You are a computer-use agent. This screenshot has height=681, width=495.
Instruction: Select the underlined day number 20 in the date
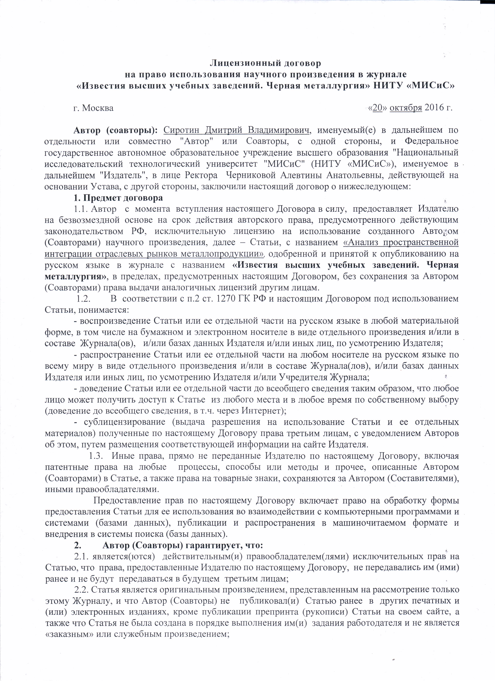377,108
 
